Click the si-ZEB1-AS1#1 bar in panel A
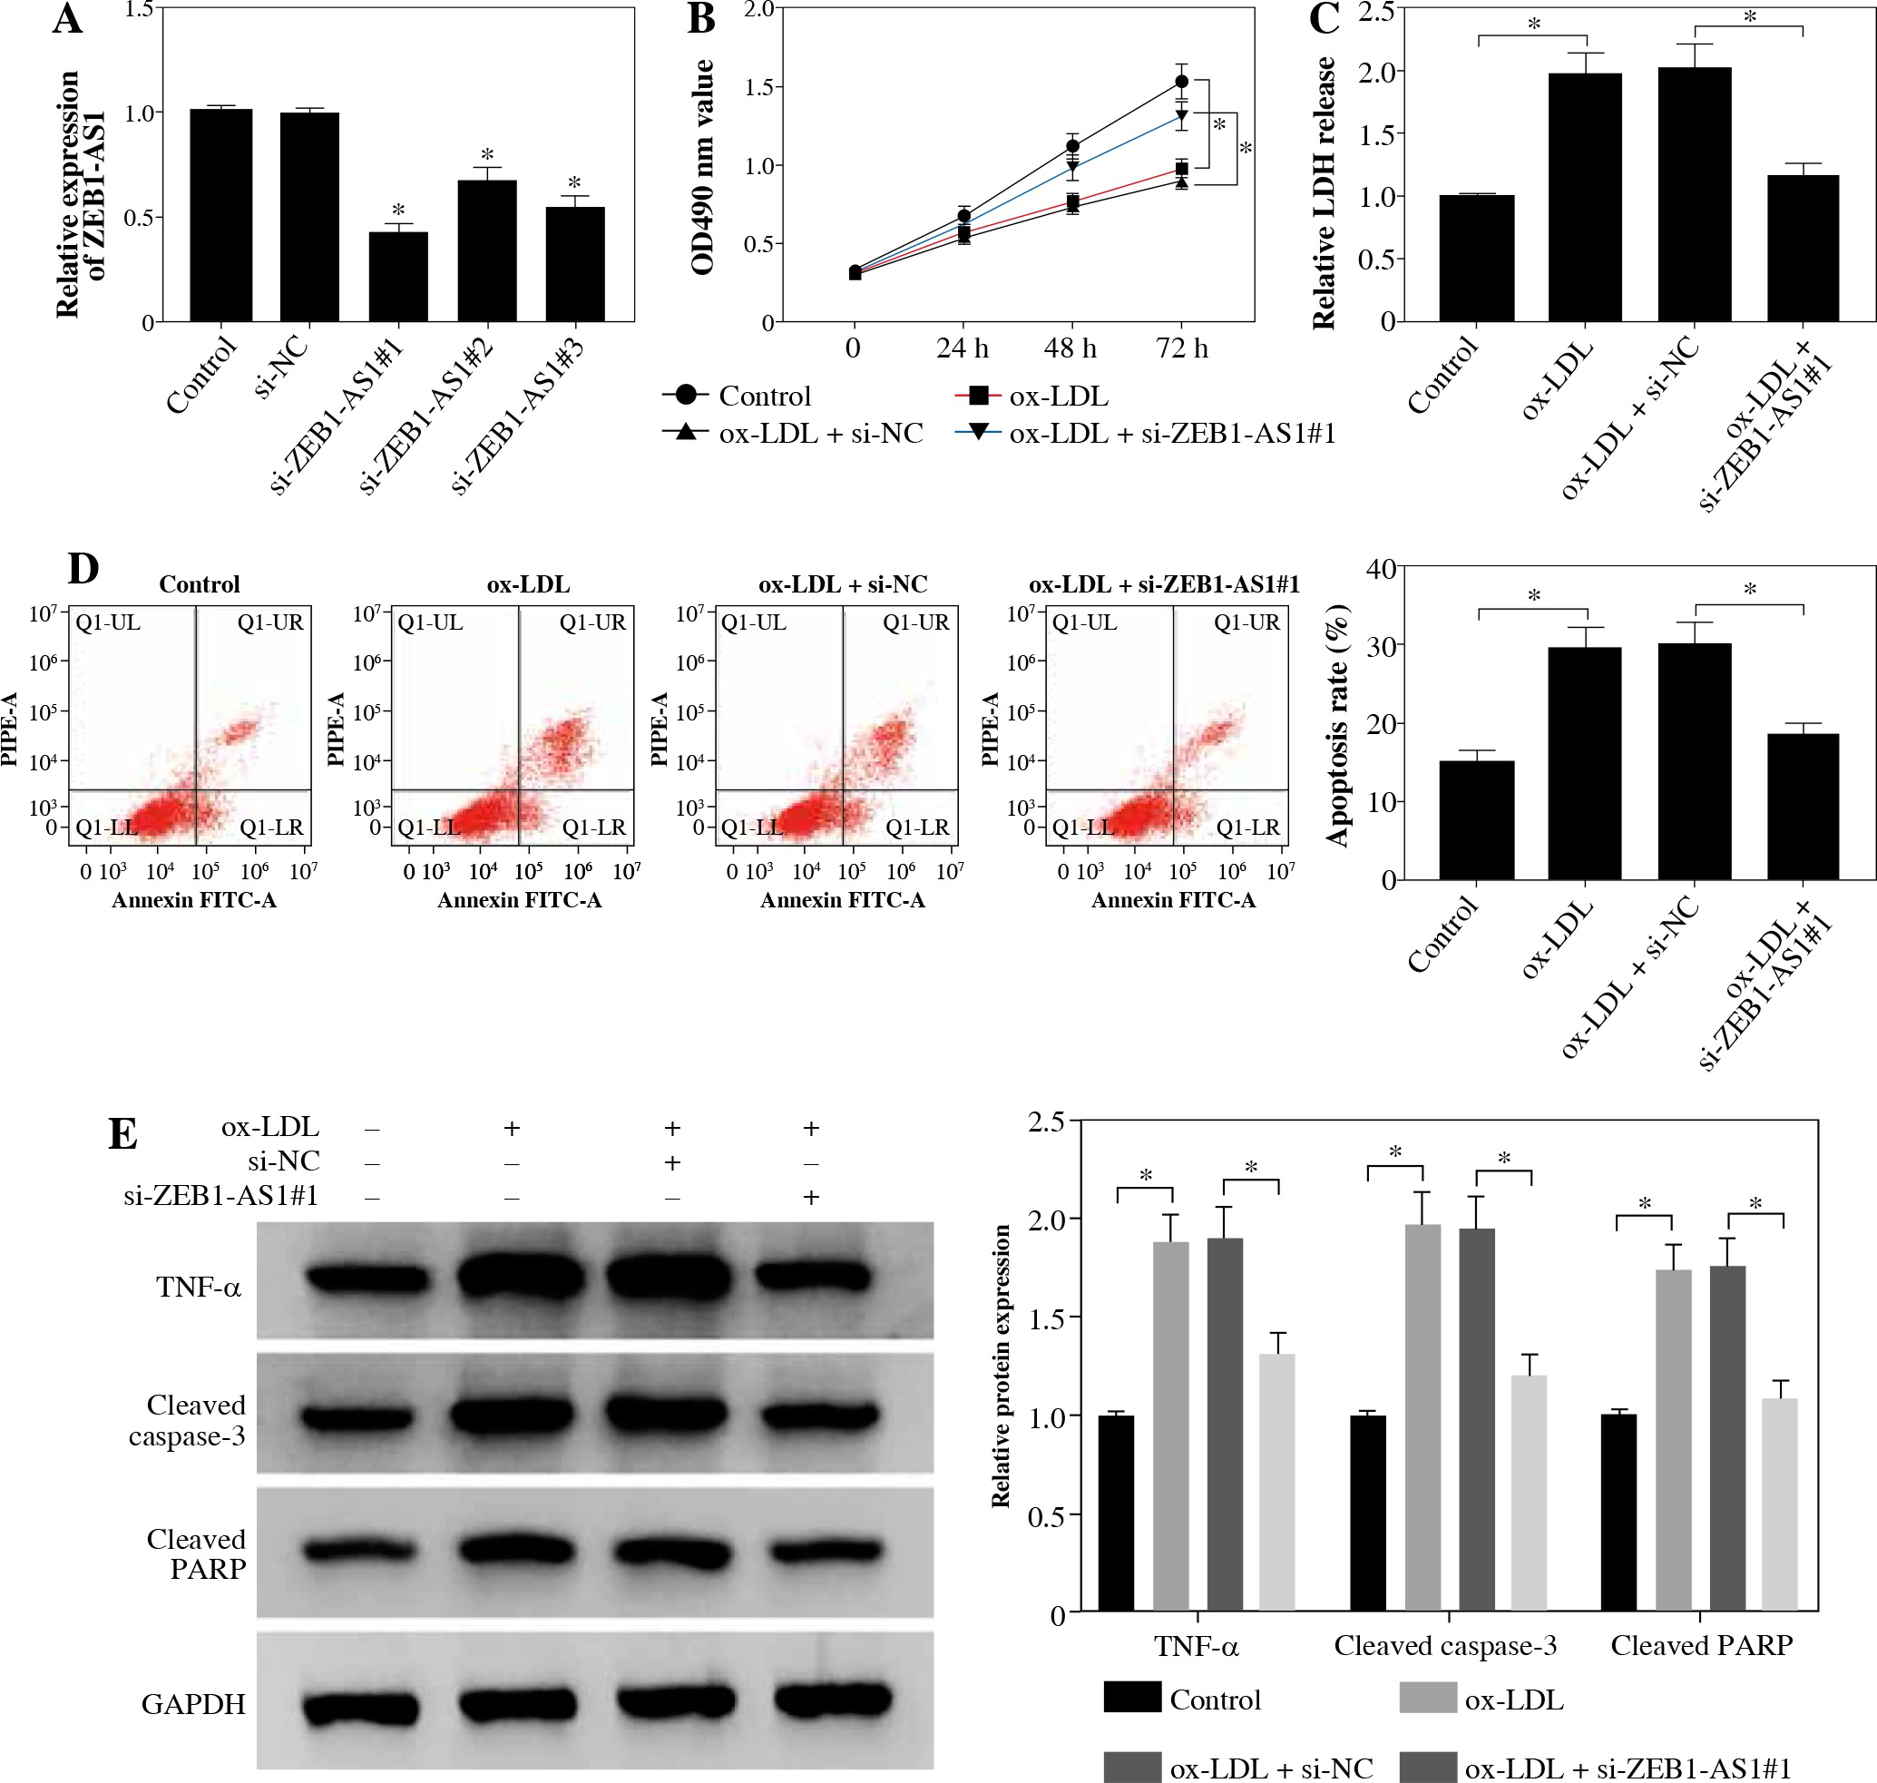398,277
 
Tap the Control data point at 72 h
1181,82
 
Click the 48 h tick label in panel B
1070,348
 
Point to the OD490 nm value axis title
702,167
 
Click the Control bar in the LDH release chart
1476,258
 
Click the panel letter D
83,569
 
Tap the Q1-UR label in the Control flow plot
270,622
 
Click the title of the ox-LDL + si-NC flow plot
842,584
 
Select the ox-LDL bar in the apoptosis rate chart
1584,762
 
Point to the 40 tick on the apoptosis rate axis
1381,568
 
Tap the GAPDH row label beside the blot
193,1704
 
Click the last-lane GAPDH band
834,1699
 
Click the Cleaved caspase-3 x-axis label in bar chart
1444,1646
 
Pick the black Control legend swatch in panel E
1132,1697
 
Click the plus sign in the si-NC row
672,1162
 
